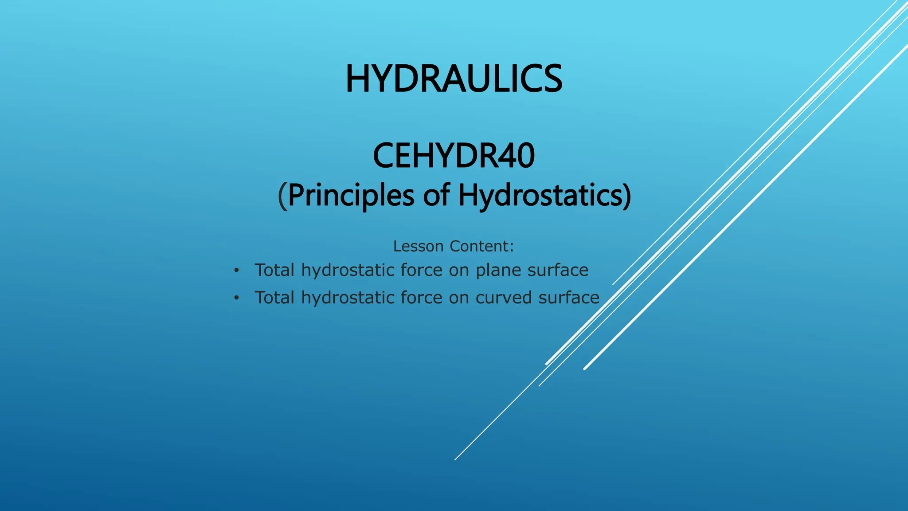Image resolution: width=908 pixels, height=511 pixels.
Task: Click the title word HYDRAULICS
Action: (454, 79)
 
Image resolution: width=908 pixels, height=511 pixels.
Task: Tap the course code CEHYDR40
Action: (454, 156)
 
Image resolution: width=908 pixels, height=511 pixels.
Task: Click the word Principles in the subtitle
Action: (351, 195)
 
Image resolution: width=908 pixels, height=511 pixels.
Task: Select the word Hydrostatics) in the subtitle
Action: (544, 195)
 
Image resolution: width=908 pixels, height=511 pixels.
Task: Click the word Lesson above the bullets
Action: (418, 246)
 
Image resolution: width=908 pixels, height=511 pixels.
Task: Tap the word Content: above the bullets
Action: (481, 246)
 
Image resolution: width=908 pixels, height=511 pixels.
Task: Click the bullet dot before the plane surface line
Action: (237, 270)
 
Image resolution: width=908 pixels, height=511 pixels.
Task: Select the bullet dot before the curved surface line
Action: (237, 298)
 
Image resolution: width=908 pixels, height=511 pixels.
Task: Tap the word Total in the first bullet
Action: (274, 270)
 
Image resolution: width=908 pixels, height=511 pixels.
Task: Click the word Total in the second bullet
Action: (274, 298)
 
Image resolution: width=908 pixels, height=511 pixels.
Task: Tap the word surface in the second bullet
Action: (569, 298)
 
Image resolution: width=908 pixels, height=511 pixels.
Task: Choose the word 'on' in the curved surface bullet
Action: (459, 298)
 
